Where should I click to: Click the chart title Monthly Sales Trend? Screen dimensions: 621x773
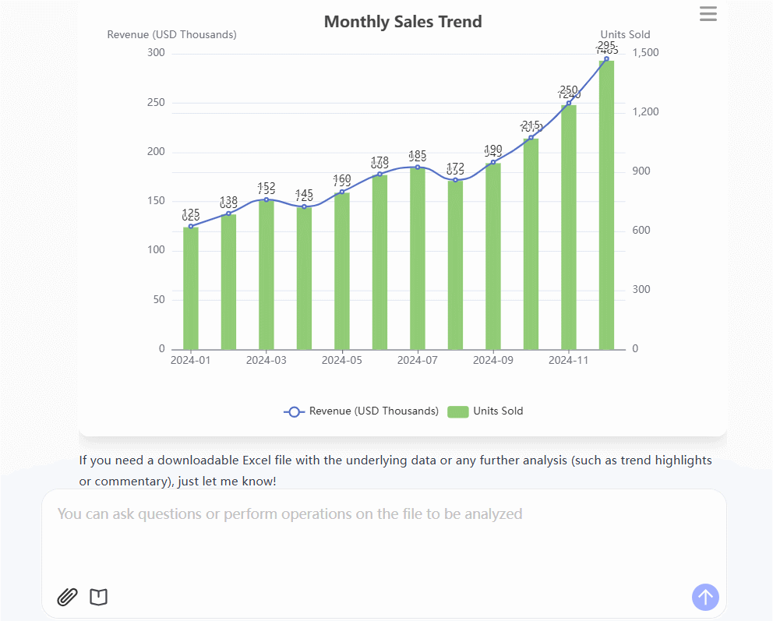[x=403, y=22]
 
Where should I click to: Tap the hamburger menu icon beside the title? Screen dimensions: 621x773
[x=708, y=14]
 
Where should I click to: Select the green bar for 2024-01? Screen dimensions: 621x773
[x=191, y=288]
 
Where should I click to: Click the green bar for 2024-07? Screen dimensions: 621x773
[x=418, y=258]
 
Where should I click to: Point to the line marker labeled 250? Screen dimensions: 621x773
[x=569, y=103]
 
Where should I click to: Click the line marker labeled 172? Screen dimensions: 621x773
[x=456, y=180]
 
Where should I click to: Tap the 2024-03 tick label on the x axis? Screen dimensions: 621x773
[x=266, y=361]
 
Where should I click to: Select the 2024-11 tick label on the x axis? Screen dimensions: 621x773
[x=568, y=361]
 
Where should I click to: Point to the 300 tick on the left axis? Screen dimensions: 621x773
[x=156, y=53]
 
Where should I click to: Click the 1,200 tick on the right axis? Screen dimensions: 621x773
[x=645, y=112]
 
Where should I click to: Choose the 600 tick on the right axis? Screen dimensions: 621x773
[x=641, y=231]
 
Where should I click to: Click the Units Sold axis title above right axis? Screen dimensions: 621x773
[x=625, y=34]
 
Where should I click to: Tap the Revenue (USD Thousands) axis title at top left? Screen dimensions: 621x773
[x=171, y=34]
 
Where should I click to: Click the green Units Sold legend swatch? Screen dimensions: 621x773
[x=458, y=411]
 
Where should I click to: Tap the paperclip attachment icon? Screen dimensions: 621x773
[x=68, y=597]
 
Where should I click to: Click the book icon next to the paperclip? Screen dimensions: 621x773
[x=98, y=597]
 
